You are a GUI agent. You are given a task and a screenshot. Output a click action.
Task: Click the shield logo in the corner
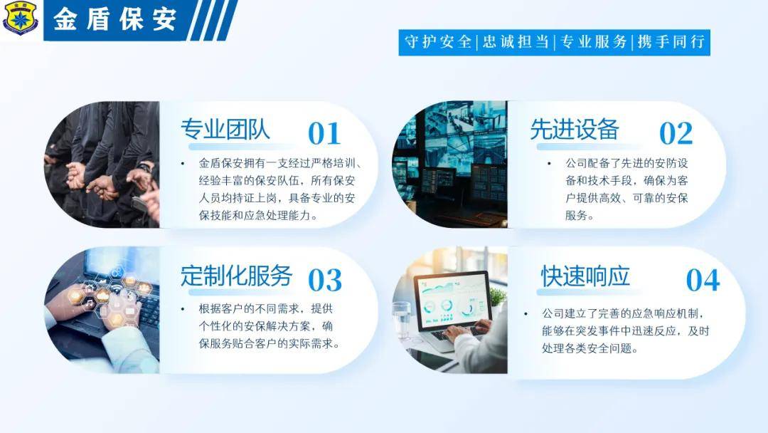coord(21,18)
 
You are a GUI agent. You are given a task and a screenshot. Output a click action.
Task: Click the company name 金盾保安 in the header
coord(114,20)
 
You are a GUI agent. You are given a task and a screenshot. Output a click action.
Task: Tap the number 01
coord(324,133)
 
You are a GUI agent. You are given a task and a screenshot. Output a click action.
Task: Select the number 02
coord(676,133)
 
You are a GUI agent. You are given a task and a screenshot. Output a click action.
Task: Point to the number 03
coord(325,280)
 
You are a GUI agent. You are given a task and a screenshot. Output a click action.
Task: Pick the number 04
coord(703,280)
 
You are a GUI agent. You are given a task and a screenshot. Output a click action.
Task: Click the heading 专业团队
coord(225,130)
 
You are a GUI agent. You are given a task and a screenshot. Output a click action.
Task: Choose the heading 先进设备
coord(575,130)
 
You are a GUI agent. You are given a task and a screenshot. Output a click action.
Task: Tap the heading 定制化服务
coord(237,276)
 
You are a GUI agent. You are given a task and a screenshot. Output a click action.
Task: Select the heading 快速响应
coord(585,276)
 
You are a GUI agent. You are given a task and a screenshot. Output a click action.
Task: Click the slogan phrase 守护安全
coord(438,42)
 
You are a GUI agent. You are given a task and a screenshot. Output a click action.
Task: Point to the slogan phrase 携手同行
coord(671,42)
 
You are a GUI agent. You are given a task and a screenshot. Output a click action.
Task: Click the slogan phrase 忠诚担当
coord(516,42)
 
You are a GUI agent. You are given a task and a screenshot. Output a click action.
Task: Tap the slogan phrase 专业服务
coord(593,42)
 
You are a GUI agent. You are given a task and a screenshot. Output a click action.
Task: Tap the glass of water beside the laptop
coord(402,320)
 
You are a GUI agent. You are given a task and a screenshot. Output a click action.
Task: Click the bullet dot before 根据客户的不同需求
coord(183,309)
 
